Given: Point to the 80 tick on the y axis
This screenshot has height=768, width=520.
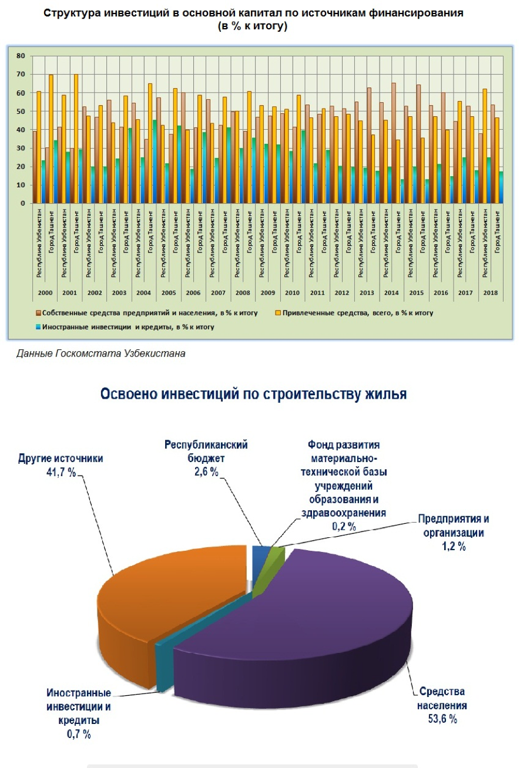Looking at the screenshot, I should (x=21, y=56).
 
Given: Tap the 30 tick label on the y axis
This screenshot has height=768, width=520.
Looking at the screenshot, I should (x=21, y=149).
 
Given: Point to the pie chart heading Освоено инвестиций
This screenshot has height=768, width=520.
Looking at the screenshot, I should (x=253, y=393).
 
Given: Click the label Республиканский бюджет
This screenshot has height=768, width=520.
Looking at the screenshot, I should (x=206, y=452).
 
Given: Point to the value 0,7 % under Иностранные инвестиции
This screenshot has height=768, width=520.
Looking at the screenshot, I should (x=78, y=733).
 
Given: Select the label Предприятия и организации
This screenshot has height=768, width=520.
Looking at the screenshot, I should (x=453, y=526).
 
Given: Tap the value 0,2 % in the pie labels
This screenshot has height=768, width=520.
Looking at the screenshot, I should (x=343, y=526).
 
